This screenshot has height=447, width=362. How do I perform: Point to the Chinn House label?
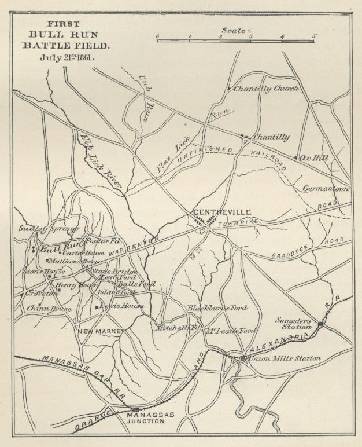49,309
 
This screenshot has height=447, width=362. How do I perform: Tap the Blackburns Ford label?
212,308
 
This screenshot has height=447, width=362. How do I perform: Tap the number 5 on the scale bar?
314,36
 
